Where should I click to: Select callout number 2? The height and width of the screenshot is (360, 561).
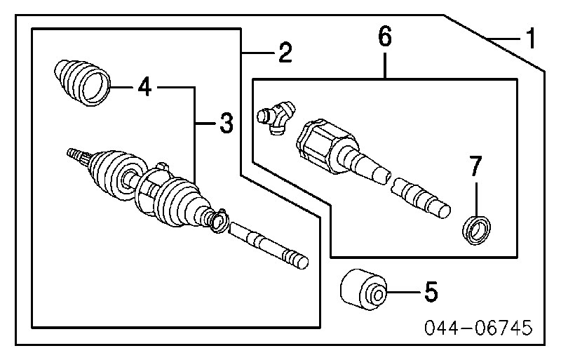pos(284,53)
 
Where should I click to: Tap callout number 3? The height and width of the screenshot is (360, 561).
pos(224,124)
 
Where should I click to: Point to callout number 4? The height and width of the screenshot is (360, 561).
pos(144,87)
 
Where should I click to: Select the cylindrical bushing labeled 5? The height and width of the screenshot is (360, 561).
pos(363,289)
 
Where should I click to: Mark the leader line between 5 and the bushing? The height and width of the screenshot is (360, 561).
pos(402,290)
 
